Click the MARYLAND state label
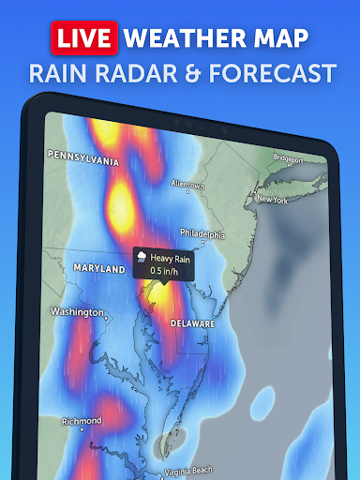tap(99, 269)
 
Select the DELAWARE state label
tap(192, 322)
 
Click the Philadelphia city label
tap(202, 234)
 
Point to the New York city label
tap(271, 200)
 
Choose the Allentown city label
tap(184, 185)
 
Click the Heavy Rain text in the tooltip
tap(170, 256)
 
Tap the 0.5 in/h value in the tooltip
tap(164, 271)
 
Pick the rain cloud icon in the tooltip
tap(140, 255)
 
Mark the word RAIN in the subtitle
tap(59, 73)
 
